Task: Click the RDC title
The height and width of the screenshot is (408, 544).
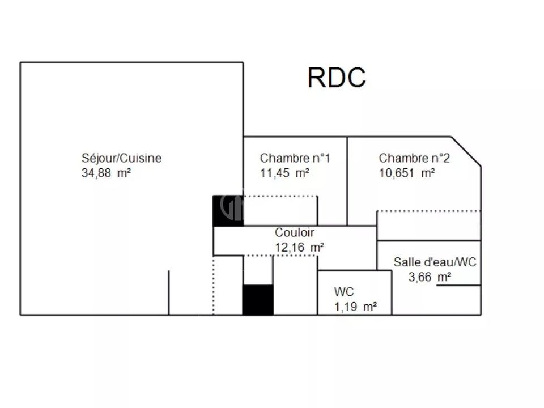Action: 337,78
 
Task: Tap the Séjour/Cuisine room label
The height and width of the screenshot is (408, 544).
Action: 121,158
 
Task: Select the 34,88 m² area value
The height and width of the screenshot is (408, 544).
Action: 106,173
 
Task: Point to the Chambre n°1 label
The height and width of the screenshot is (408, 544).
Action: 295,158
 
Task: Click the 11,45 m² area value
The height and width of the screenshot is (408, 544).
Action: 285,173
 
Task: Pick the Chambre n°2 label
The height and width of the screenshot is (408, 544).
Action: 414,158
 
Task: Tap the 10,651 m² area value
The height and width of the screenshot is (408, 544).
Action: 407,173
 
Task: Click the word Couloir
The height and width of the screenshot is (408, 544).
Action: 295,232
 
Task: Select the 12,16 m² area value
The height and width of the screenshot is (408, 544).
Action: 300,248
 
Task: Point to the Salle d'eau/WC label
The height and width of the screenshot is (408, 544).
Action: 435,262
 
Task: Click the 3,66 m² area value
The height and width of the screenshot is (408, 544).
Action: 430,277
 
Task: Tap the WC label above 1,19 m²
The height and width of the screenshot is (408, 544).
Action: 344,292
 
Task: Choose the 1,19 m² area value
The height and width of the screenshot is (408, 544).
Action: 356,307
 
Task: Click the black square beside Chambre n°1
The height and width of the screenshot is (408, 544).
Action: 228,211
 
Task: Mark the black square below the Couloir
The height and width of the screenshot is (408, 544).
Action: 258,300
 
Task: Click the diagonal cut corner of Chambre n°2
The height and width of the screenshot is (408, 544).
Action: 466,151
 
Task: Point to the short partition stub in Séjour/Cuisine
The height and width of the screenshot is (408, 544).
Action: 169,293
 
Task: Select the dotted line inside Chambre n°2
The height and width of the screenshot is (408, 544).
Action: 429,211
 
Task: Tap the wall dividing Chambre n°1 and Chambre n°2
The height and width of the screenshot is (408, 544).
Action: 347,181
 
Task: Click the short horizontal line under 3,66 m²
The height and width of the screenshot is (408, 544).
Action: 458,285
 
